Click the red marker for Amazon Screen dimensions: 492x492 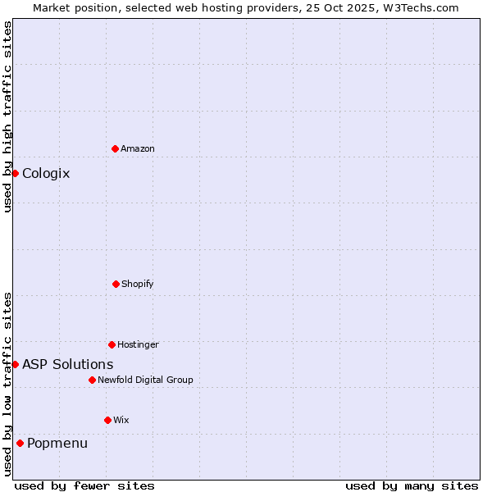[115, 148]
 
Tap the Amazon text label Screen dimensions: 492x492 [138, 148]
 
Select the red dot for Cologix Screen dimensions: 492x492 [15, 173]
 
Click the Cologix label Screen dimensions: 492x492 [46, 173]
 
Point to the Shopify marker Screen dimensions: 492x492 [116, 284]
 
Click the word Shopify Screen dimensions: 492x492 [138, 284]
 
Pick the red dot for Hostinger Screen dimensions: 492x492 [112, 344]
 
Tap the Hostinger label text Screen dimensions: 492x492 [138, 344]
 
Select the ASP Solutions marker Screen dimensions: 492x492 [15, 364]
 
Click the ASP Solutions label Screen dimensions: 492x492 [68, 364]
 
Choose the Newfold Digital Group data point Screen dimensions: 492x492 [92, 380]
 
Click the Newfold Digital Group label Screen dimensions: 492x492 [145, 380]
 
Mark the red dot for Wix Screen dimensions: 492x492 [107, 420]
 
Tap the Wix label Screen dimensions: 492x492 [121, 420]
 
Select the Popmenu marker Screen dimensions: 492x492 [20, 443]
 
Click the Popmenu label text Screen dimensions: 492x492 [57, 443]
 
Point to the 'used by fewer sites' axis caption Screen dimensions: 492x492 [84, 485]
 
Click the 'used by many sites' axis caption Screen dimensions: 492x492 [412, 485]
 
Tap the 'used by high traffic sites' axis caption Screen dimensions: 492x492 [7, 116]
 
